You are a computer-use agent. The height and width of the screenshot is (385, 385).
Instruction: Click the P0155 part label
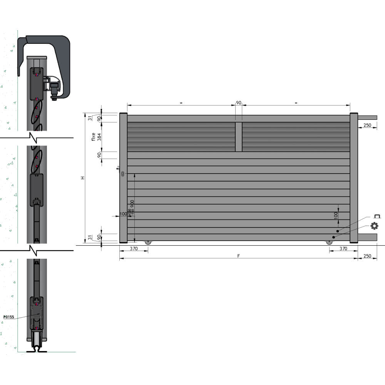tap(9, 317)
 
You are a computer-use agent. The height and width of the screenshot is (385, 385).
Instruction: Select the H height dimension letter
tap(82, 178)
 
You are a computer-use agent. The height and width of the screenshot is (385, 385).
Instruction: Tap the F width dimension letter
tap(238, 256)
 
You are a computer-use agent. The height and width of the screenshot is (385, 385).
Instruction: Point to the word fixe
tap(93, 137)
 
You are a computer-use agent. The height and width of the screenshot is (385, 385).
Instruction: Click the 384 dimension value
tap(99, 137)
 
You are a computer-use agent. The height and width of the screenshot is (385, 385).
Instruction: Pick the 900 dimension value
tap(132, 204)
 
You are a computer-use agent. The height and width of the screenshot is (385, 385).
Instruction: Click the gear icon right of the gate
tap(374, 226)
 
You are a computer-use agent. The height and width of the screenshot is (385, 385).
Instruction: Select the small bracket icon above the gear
tap(377, 217)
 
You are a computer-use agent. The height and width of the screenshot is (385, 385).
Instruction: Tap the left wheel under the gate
tap(148, 242)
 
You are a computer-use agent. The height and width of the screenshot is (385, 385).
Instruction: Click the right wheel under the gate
tap(329, 242)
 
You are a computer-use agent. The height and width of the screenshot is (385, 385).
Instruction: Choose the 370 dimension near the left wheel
tap(134, 249)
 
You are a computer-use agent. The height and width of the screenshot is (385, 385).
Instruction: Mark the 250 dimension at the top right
tap(367, 125)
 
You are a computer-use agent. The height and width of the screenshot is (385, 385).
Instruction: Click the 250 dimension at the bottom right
tap(367, 256)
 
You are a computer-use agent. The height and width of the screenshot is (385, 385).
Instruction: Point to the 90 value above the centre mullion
tap(239, 103)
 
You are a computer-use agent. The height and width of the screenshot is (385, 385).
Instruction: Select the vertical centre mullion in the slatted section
tap(239, 137)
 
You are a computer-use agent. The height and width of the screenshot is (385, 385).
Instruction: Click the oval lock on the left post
tap(122, 174)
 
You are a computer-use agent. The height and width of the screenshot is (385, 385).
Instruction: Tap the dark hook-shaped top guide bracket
tap(58, 58)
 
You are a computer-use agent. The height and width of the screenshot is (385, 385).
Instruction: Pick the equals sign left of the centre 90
tap(181, 103)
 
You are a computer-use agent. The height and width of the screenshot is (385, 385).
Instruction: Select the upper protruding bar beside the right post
tap(367, 117)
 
